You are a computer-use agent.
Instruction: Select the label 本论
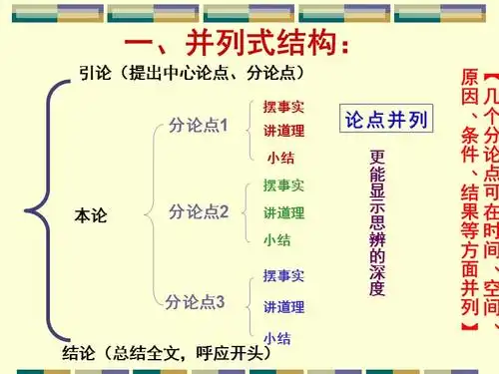point(91,214)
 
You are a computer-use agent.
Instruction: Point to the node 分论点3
point(196,301)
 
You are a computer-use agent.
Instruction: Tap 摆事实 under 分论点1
point(283,107)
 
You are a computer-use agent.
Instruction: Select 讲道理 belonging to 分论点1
point(283,131)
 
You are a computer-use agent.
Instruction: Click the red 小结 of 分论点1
point(279,157)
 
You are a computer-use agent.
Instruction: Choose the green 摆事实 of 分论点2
point(283,187)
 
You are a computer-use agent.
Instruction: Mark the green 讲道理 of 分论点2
point(283,212)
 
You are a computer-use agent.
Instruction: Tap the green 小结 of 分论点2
point(277,239)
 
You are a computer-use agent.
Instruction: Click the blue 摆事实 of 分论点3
point(283,275)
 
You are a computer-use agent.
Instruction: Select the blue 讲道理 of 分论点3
point(283,306)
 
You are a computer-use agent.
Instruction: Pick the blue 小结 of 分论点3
point(277,337)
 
